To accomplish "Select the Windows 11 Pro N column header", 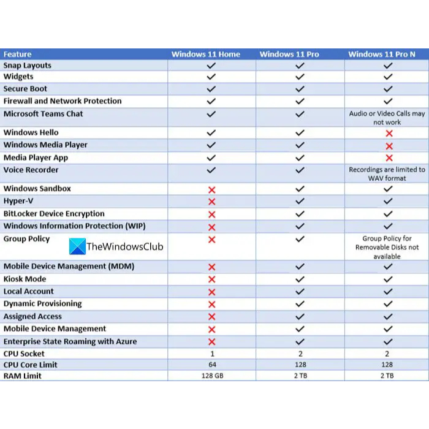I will point(382,55).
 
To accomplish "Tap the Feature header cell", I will point(18,55).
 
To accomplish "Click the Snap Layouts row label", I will point(28,66).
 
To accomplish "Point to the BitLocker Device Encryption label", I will point(54,214).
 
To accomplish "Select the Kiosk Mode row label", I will point(25,279).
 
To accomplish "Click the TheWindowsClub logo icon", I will point(77,247).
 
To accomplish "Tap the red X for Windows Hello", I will point(387,134).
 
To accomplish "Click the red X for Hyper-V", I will point(212,202).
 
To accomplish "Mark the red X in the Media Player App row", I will point(387,158).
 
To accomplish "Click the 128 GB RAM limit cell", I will point(211,376).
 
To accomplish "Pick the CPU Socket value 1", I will point(211,354).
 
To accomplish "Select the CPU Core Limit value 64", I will point(211,365).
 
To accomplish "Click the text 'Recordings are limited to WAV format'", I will point(387,173).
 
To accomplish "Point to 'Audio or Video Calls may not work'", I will point(387,118).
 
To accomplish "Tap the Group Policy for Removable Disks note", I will point(387,248).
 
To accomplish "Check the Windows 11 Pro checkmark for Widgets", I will point(300,77).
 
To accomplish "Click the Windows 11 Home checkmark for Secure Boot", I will point(211,89).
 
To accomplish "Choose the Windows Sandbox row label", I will point(37,189).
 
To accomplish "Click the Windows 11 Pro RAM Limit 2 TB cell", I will point(300,376).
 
